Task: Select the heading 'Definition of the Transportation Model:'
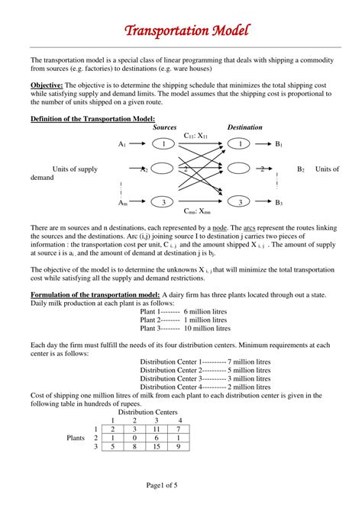click(92, 119)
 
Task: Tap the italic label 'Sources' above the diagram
click(165, 127)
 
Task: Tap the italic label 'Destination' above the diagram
click(245, 127)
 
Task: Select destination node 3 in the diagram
click(240, 202)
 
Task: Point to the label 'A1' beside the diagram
click(122, 143)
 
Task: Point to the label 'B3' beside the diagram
click(280, 203)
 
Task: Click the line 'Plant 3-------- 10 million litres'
click(186, 329)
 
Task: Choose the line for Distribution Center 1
click(205, 362)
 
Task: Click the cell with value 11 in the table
click(157, 429)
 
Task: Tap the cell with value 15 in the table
click(157, 447)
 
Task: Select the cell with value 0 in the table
click(134, 439)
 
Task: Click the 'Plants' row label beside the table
click(76, 439)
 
